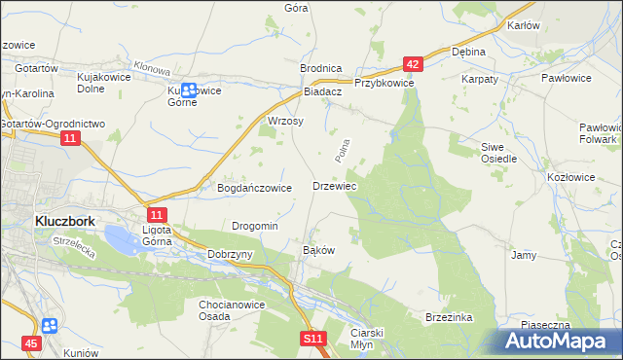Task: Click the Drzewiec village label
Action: pyautogui.click(x=334, y=185)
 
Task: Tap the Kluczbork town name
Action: pyautogui.click(x=64, y=221)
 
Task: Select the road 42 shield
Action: pyautogui.click(x=413, y=64)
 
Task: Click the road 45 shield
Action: pyautogui.click(x=32, y=343)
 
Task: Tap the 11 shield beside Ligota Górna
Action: pyautogui.click(x=158, y=214)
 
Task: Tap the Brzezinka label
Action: pyautogui.click(x=449, y=317)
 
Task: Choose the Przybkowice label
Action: pyautogui.click(x=385, y=84)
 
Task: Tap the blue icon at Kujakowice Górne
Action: pyautogui.click(x=191, y=90)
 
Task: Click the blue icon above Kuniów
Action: pyautogui.click(x=51, y=325)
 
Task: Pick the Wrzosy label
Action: pyautogui.click(x=285, y=122)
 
